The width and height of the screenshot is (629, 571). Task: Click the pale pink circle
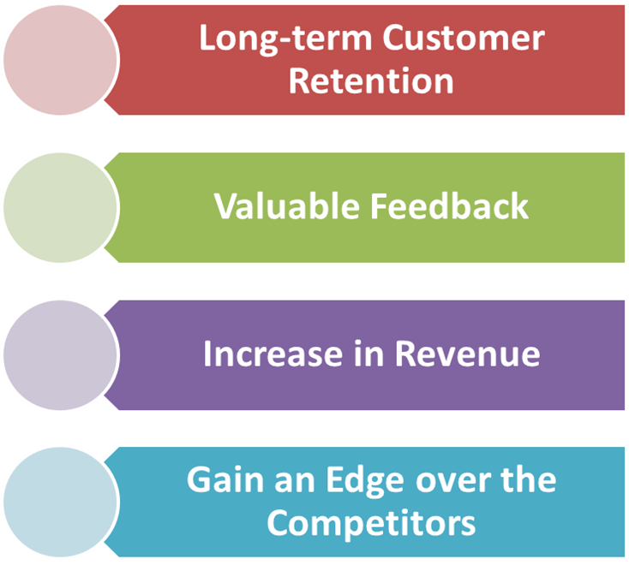[x=60, y=60]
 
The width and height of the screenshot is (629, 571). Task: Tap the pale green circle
[x=60, y=207]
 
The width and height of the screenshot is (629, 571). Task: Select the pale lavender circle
[x=60, y=355]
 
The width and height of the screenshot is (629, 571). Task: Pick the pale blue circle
[x=60, y=502]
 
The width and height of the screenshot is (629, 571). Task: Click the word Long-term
[x=285, y=39]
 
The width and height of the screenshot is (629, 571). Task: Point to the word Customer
[x=464, y=39]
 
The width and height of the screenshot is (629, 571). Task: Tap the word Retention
[x=371, y=80]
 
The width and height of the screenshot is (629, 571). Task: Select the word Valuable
[x=286, y=205]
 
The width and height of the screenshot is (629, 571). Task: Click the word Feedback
[x=449, y=205]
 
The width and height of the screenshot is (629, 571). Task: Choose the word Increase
[x=273, y=354]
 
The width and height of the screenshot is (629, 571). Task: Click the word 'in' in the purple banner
[x=368, y=353]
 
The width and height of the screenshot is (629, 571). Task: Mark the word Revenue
[x=468, y=354]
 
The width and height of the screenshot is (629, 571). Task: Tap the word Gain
[x=225, y=479]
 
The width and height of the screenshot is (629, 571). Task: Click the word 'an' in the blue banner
[x=295, y=483]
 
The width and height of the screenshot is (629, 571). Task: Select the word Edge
[x=365, y=483]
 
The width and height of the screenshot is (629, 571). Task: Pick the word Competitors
[x=371, y=524]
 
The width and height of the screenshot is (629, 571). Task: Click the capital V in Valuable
[x=226, y=206]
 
